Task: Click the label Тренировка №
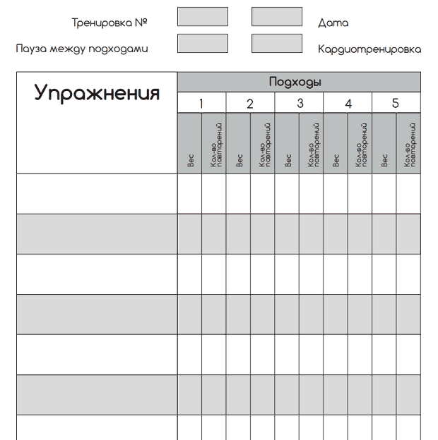[x=109, y=23]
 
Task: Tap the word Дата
[x=333, y=23]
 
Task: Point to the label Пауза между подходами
[x=82, y=49]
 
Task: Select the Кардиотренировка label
[x=369, y=49]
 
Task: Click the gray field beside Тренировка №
[x=203, y=17]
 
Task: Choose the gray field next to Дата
[x=277, y=17]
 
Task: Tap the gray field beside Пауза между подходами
[x=203, y=44]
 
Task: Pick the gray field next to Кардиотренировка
[x=277, y=44]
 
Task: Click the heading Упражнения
[x=97, y=94]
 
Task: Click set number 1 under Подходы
[x=201, y=104]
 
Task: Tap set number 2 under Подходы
[x=250, y=104]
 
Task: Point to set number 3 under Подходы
[x=300, y=104]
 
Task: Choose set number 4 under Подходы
[x=348, y=104]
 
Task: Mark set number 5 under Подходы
[x=396, y=104]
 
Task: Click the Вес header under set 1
[x=190, y=161]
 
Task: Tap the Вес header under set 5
[x=384, y=161]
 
